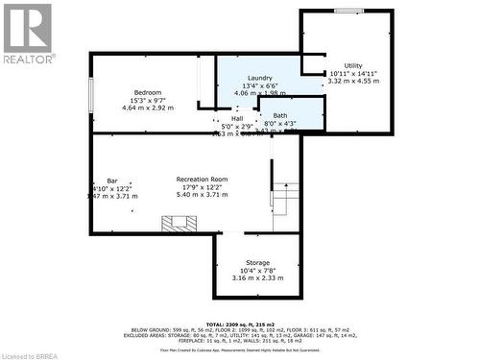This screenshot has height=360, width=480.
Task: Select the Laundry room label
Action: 259,78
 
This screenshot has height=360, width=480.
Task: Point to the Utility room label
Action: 354,65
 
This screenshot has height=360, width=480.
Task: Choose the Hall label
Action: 237,119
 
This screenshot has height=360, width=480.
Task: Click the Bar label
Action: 112,180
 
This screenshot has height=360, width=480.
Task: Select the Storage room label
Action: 257,262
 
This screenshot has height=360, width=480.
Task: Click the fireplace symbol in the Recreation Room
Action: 179,225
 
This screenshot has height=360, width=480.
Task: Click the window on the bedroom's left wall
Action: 91,96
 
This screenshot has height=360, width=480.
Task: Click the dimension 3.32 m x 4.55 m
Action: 353,82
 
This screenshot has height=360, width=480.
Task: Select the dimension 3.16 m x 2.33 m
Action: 257,278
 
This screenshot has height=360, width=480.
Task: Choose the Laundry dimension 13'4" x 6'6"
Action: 259,85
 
